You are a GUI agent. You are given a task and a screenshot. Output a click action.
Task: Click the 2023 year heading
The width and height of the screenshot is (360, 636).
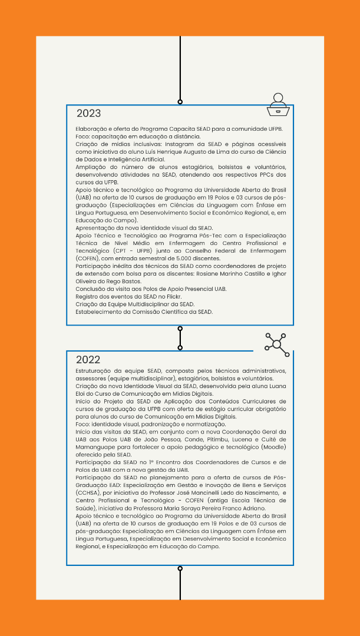point(88,114)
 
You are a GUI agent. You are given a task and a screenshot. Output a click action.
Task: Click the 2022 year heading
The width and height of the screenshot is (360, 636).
point(88,360)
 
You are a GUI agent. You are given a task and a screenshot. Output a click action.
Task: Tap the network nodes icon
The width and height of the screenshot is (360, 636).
point(277,344)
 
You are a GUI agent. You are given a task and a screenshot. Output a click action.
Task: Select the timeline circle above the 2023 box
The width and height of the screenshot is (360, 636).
point(180,102)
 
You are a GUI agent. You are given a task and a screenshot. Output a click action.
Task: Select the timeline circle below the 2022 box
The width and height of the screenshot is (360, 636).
point(180,569)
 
